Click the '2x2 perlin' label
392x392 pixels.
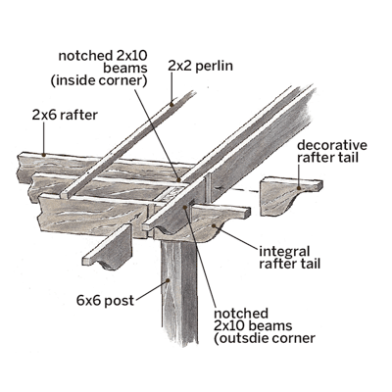pyautogui.click(x=200, y=66)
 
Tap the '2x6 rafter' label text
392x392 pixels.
pyautogui.click(x=65, y=115)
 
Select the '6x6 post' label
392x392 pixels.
pyautogui.click(x=105, y=300)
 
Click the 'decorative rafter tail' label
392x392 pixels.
pyautogui.click(x=332, y=151)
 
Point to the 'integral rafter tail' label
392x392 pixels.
pyautogui.click(x=290, y=258)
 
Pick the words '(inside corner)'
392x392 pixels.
pyautogui.click(x=98, y=80)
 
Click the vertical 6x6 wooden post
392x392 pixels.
pyautogui.click(x=180, y=291)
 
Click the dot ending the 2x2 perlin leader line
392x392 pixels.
pyautogui.click(x=171, y=105)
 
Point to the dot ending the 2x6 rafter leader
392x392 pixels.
pyautogui.click(x=43, y=154)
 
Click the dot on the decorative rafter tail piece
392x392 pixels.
pyautogui.click(x=299, y=188)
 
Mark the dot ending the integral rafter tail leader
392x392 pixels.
pyautogui.click(x=214, y=225)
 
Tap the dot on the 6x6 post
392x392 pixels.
pyautogui.click(x=169, y=280)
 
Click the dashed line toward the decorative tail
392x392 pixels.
pyautogui.click(x=237, y=189)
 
